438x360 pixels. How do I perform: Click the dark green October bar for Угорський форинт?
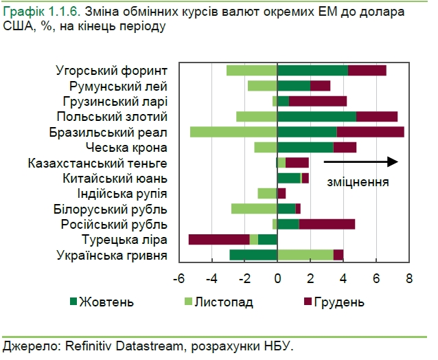[x=312, y=70]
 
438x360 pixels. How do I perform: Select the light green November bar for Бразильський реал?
[x=233, y=132]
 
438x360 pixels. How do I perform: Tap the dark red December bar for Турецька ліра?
[x=218, y=239]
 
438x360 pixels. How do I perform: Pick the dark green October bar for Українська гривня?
[x=253, y=255]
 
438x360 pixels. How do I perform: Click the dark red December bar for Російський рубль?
[x=327, y=224]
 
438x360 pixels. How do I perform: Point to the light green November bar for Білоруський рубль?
[x=254, y=209]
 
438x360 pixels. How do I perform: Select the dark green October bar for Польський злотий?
[x=316, y=116]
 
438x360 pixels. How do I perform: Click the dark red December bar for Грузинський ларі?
[x=318, y=101]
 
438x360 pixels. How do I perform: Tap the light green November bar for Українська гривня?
[x=305, y=255]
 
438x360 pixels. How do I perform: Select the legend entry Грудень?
[x=338, y=302]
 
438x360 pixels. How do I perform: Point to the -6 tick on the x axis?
[x=179, y=279]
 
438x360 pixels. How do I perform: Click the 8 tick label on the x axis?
[x=409, y=279]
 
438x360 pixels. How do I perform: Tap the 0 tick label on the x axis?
[x=277, y=279]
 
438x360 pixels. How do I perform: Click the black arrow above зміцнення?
[x=360, y=162]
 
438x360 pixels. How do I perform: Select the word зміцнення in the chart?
[x=358, y=182]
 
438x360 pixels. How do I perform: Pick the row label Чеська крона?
[x=126, y=148]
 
